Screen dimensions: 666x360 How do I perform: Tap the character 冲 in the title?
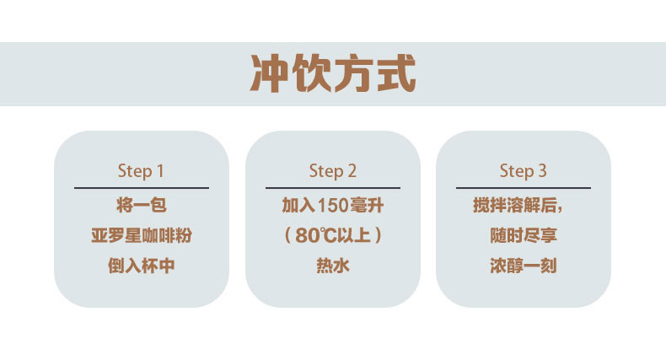click(x=271, y=73)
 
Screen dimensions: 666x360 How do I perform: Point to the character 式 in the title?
click(x=395, y=73)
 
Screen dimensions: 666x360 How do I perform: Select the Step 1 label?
click(x=141, y=171)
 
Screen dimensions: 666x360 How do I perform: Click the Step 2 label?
click(x=332, y=171)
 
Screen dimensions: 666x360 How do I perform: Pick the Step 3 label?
click(x=523, y=171)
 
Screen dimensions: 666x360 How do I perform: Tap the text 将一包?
click(x=141, y=204)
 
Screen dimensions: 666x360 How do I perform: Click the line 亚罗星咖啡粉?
click(x=141, y=235)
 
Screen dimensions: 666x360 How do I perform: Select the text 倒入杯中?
click(x=141, y=266)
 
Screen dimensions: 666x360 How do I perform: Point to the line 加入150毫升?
click(x=332, y=204)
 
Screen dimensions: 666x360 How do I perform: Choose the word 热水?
click(x=332, y=266)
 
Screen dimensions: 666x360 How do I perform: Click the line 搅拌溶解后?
click(x=524, y=204)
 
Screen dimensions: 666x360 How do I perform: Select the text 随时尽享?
click(x=523, y=235)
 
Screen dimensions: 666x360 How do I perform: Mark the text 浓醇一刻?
click(x=523, y=266)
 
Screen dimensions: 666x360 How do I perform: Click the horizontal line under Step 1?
click(x=141, y=187)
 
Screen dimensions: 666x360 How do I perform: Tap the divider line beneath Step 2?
click(x=332, y=187)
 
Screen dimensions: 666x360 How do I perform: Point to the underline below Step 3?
click(x=523, y=187)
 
